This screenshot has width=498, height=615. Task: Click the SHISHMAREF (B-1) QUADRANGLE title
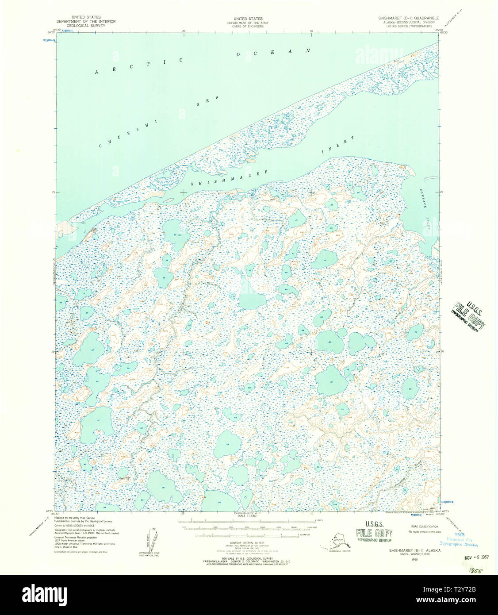(408, 18)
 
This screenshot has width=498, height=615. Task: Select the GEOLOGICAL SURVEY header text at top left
(86, 26)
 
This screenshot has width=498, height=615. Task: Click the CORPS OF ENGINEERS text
(248, 26)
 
